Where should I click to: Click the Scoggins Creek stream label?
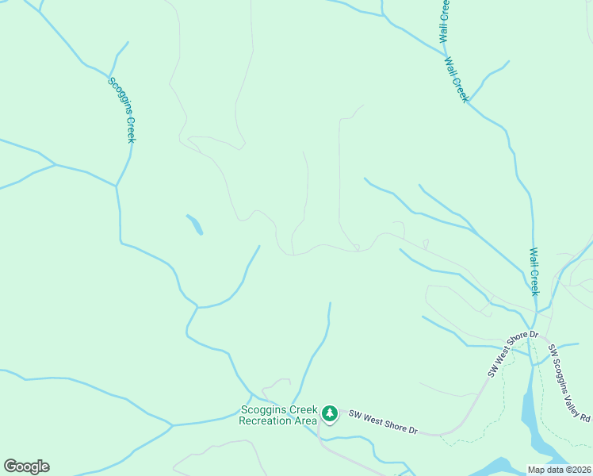(x=123, y=109)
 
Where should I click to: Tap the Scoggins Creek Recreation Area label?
(x=278, y=415)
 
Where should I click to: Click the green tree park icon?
(x=330, y=413)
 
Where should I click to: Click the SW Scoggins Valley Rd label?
(x=569, y=384)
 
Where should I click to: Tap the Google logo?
(x=26, y=466)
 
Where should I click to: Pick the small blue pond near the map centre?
(x=194, y=225)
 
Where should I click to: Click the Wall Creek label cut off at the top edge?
(x=445, y=21)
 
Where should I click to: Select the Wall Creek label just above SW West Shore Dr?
(x=534, y=272)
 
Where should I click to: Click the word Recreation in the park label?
(x=266, y=420)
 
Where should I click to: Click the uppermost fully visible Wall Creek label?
(x=457, y=79)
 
